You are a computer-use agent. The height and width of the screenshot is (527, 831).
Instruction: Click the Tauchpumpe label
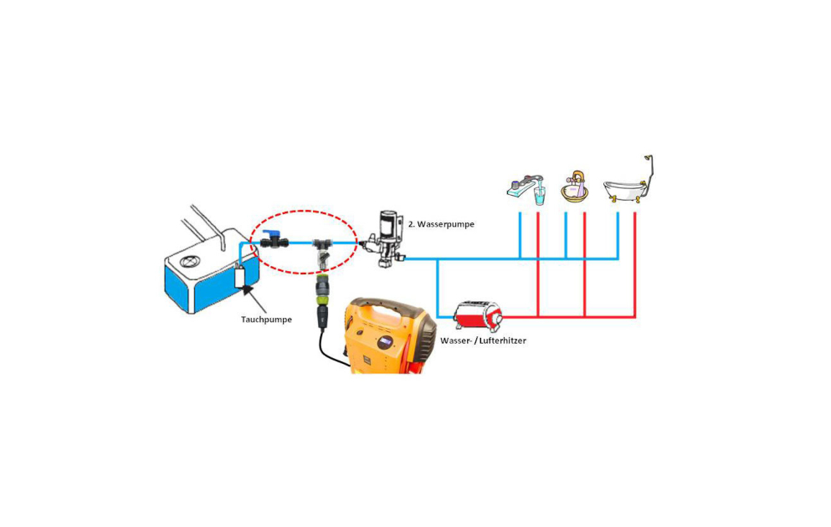266,319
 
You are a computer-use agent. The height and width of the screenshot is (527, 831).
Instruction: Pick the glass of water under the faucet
539,197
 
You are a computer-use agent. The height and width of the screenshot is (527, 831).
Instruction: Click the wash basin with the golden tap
574,191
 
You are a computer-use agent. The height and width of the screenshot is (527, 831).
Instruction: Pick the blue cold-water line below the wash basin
566,235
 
